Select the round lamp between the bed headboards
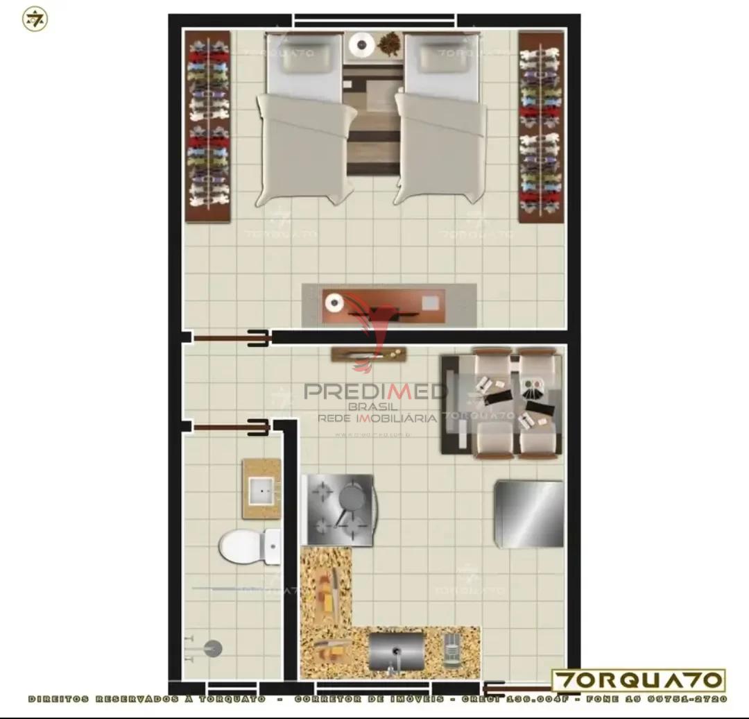[361, 44]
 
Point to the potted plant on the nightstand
[389, 44]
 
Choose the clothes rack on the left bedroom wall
[208, 126]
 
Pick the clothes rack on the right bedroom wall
[541, 126]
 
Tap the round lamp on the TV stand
[335, 303]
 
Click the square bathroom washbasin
[262, 490]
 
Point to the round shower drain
[213, 649]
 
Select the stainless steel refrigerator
[528, 514]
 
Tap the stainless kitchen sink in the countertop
[396, 651]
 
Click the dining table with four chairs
[502, 403]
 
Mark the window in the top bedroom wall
[374, 21]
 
